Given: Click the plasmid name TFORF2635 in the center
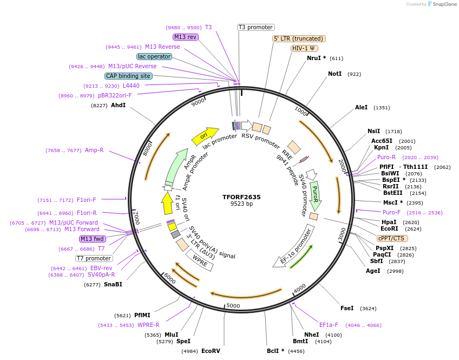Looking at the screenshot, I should point(241,197).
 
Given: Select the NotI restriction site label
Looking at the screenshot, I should point(335,74).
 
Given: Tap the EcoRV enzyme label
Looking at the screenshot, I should point(211,351).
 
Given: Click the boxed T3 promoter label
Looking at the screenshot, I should point(256,27).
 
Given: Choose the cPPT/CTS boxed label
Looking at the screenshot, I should point(392,238).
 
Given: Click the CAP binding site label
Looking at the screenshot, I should point(128,76).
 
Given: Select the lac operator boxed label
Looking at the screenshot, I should point(154,56).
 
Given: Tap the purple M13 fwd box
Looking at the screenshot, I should point(93,239).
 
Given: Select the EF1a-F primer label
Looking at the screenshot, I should point(329,325).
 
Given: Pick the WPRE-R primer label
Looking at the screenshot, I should point(148,325).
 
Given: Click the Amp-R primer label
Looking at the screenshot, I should point(94,150).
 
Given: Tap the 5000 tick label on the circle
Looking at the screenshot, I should point(233,306).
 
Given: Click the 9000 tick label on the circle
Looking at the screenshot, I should point(198,101).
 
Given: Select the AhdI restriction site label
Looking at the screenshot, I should point(118,106).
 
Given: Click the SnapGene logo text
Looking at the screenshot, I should point(445,4).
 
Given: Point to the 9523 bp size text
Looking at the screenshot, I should point(241,204).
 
